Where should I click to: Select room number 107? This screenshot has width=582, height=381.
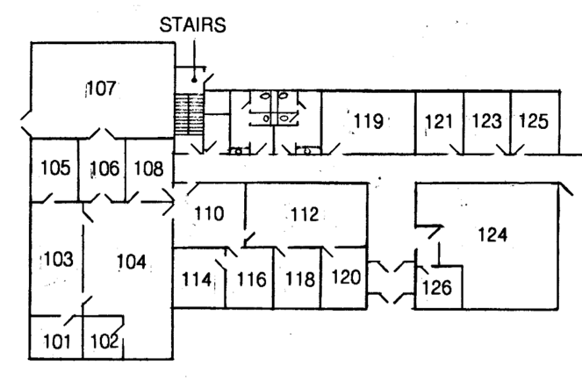102,88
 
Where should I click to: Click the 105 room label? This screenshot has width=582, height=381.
54,168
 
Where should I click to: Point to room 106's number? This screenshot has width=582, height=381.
103,168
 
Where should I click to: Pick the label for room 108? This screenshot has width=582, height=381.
148,168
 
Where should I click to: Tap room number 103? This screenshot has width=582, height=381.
56,260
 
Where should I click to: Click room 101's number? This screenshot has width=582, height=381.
54,341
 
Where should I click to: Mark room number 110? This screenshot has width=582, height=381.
209,213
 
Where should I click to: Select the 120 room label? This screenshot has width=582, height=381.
346,279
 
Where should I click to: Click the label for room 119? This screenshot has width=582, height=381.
369,120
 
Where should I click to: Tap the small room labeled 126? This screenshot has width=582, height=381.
439,286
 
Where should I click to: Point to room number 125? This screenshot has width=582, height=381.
535,120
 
